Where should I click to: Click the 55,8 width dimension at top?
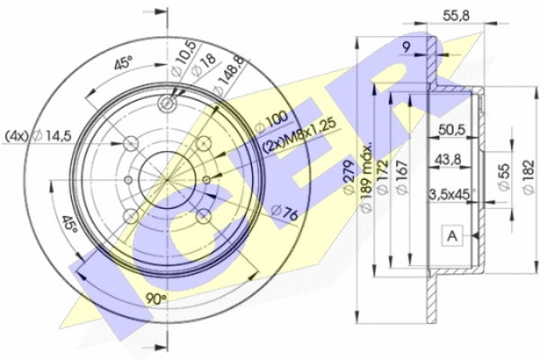[x=455, y=16]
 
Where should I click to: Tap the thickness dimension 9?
[x=407, y=47]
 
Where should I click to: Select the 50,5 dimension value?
[x=452, y=130]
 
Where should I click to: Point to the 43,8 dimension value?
[x=447, y=159]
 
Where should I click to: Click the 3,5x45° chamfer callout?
[x=452, y=194]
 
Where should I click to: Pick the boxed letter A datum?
[x=452, y=236]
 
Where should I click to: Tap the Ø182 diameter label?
[x=528, y=177]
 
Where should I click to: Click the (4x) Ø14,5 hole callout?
[x=38, y=137]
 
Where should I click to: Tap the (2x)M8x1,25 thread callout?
[x=299, y=136]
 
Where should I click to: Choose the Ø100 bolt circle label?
[x=272, y=121]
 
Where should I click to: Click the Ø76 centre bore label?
[x=284, y=213]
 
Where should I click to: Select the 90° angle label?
[x=156, y=298]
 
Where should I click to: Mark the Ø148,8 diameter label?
[x=229, y=76]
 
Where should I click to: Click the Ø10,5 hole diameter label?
[x=184, y=58]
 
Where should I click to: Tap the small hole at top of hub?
[x=167, y=103]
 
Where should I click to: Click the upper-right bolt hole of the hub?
[x=203, y=143]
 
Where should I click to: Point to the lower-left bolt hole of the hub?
[x=130, y=216]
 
